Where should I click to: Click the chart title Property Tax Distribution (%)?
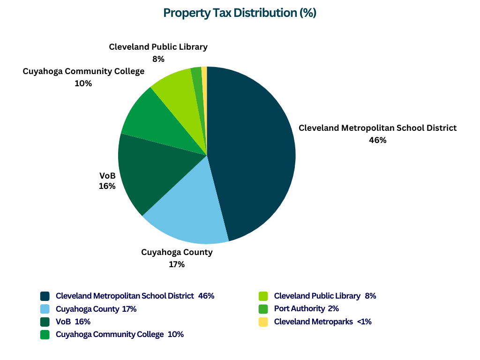coord(240,13)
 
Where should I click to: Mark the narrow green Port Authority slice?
coord(198,82)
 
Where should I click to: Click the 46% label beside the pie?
coord(377,140)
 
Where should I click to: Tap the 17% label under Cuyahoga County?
coord(177,264)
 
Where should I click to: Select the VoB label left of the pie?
coord(107,176)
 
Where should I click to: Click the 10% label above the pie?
coord(83,83)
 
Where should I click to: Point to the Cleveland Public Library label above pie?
coord(158,47)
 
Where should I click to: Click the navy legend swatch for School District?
coord(45,296)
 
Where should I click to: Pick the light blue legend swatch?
coord(45,309)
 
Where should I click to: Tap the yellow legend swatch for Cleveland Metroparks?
coord(263,322)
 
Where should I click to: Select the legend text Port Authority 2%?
coord(306,309)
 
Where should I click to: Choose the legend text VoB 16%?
coord(73,322)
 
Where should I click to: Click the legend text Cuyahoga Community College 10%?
coord(120,335)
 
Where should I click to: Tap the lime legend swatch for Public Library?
coord(263,296)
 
